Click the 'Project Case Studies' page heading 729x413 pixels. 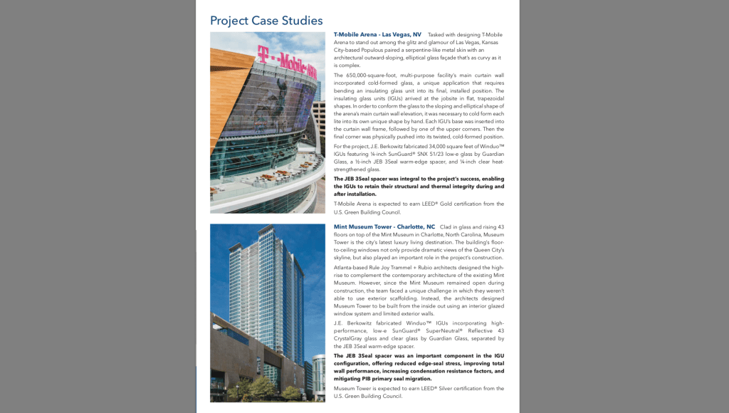[x=266, y=21]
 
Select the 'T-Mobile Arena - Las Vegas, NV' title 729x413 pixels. [x=377, y=34]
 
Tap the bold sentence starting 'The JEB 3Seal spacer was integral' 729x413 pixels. [x=419, y=186]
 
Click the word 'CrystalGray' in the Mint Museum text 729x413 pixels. [x=350, y=339]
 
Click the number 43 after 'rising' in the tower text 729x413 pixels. [x=500, y=226]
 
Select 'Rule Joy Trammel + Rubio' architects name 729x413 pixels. [x=407, y=267]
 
